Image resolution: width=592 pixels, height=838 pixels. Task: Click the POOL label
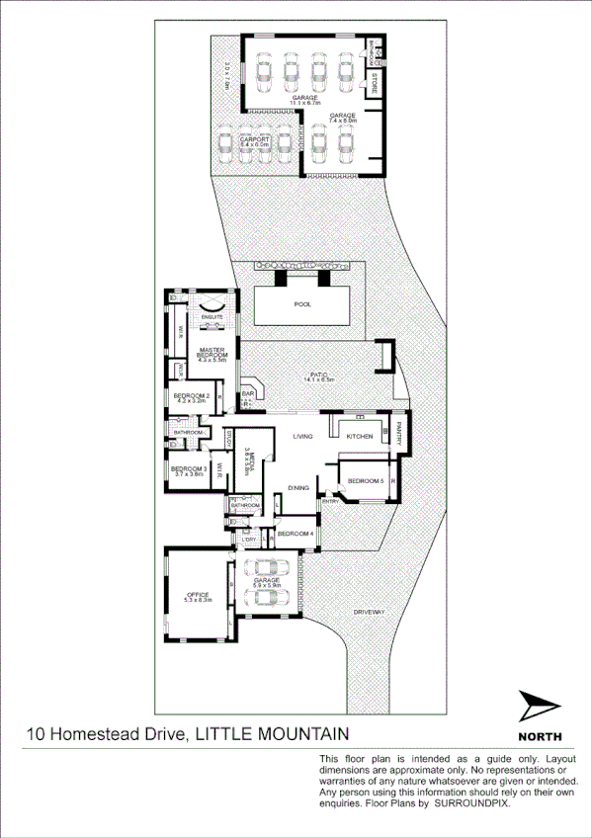[x=302, y=304]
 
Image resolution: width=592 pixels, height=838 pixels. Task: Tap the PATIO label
[x=318, y=376]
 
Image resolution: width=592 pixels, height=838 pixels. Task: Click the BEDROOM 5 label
[x=366, y=480]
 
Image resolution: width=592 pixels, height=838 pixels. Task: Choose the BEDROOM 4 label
[x=295, y=534]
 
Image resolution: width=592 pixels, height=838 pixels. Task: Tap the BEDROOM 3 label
[x=188, y=469]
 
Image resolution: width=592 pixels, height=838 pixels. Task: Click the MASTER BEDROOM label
[x=213, y=353]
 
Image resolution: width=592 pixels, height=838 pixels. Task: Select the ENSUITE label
[x=212, y=317]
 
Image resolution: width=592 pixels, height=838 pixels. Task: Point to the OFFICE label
[x=197, y=594]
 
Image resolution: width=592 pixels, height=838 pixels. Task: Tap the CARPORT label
[x=254, y=139]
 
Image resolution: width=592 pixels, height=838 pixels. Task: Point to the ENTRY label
[x=329, y=502]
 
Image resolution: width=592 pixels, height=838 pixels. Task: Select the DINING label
[x=299, y=488]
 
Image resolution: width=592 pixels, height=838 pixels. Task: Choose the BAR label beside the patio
[x=248, y=394]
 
